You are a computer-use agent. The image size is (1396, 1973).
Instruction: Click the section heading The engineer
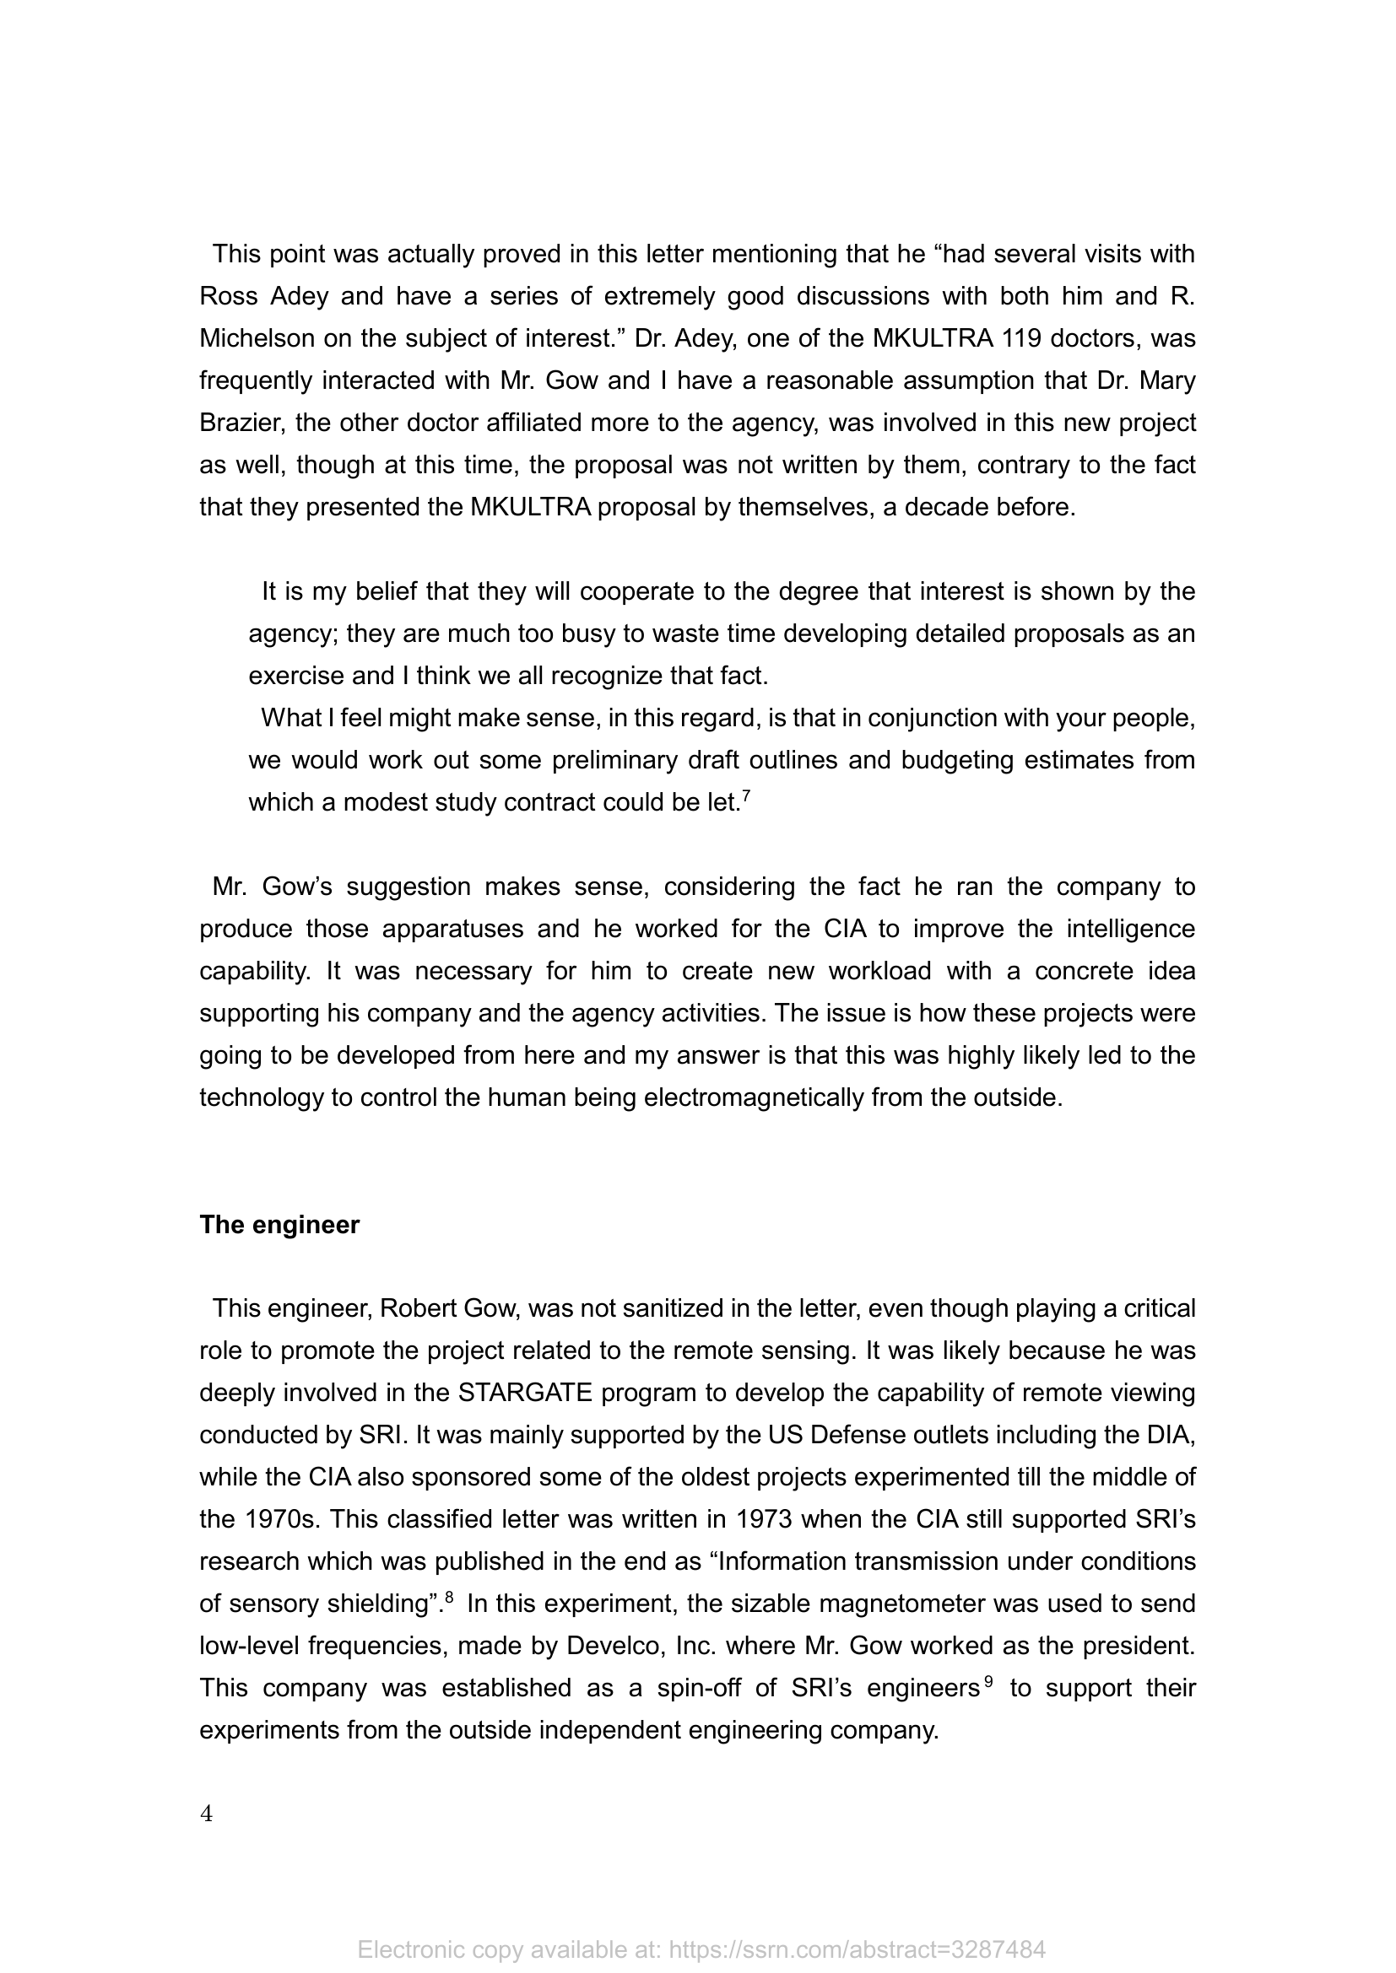point(279,1225)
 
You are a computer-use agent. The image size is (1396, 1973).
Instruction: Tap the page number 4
point(206,1814)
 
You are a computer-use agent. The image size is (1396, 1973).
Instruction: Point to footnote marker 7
point(746,796)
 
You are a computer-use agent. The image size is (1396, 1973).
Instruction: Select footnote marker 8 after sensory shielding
point(449,1598)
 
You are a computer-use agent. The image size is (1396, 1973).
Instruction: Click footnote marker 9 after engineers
point(988,1682)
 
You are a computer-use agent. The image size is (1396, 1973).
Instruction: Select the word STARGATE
point(525,1392)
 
